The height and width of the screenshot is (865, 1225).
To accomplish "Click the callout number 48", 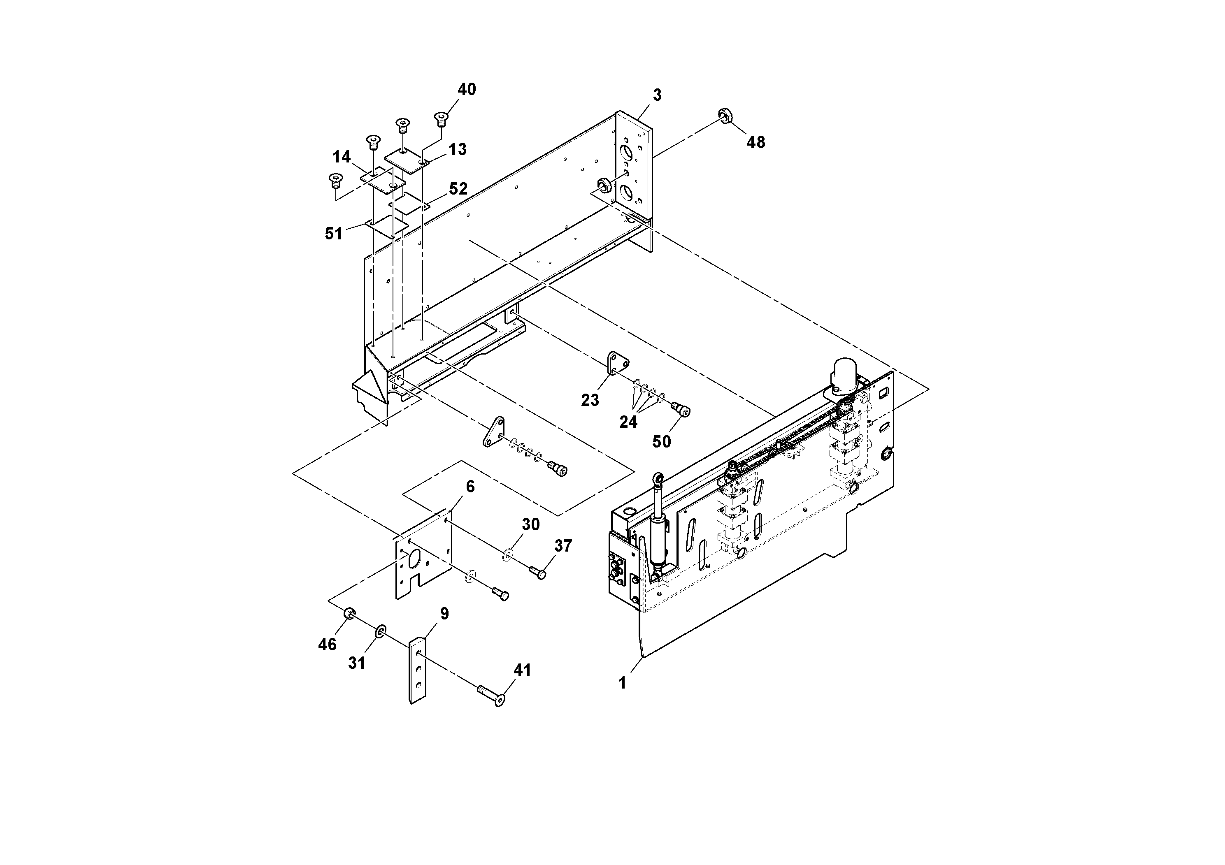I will point(755,142).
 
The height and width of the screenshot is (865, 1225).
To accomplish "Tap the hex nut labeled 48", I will point(725,116).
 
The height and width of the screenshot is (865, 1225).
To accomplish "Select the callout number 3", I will point(657,95).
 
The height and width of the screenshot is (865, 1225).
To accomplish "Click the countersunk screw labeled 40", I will point(441,118).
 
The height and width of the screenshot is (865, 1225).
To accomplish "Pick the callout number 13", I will point(457,150).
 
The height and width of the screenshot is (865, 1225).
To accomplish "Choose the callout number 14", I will point(342,157).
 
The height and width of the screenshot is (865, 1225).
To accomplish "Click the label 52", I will point(458,189).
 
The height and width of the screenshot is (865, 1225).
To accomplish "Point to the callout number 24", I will point(628,422).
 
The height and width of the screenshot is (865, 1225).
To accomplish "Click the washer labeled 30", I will point(507,554).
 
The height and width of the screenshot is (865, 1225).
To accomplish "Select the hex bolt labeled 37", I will point(538,572).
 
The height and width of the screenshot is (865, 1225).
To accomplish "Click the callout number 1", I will point(622,683).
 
